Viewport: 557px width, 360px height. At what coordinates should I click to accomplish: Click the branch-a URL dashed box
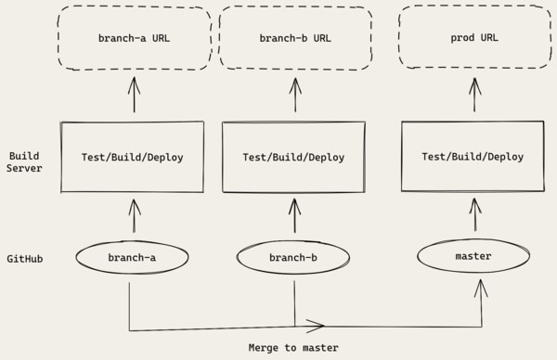click(x=134, y=39)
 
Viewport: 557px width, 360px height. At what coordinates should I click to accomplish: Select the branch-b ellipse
click(x=294, y=258)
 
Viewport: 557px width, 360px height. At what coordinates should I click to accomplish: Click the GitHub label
click(x=25, y=259)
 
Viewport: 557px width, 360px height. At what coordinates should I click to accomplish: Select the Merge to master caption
click(x=293, y=347)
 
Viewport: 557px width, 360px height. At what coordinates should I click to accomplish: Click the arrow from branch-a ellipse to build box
click(x=134, y=217)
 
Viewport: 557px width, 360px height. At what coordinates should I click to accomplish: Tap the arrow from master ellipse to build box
click(x=476, y=216)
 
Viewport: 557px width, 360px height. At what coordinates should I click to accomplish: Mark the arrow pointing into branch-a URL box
click(x=134, y=95)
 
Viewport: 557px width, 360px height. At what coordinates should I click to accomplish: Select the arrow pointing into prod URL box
click(x=476, y=95)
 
